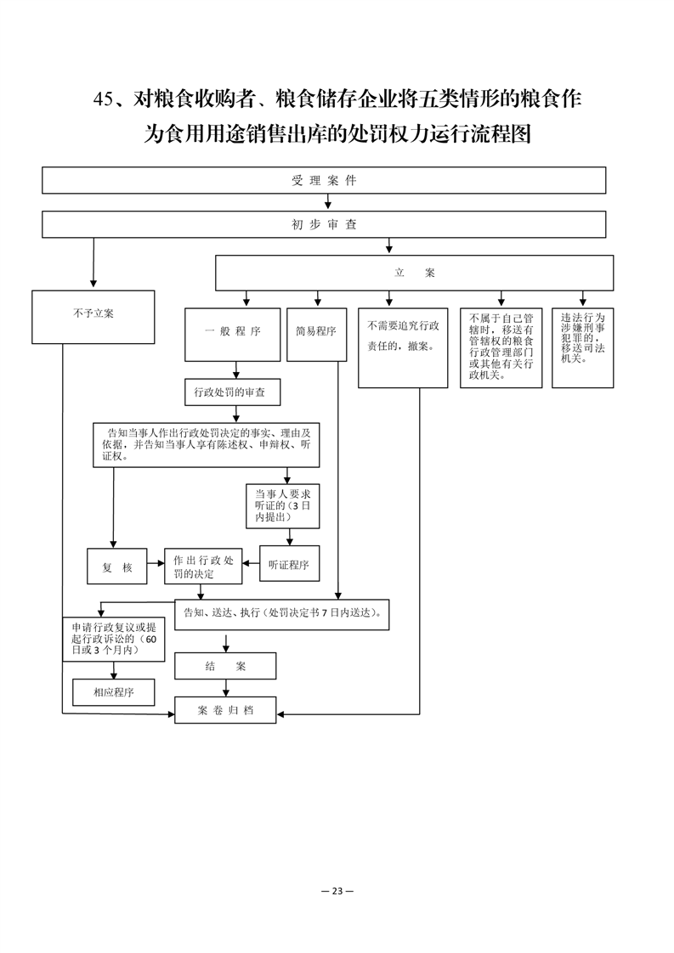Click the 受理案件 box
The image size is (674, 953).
click(x=324, y=181)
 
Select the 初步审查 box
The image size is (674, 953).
click(x=324, y=224)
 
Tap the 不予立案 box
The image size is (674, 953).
click(x=93, y=317)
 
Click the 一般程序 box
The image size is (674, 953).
click(x=232, y=335)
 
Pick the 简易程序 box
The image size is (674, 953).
click(x=316, y=335)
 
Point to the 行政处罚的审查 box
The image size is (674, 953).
click(x=233, y=392)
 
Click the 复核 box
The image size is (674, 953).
click(x=116, y=567)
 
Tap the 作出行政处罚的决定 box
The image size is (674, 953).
click(x=203, y=567)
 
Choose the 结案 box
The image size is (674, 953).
click(x=225, y=666)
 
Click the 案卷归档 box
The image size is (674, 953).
click(x=225, y=710)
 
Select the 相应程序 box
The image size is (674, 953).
click(x=114, y=692)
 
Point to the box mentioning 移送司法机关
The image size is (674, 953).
click(x=583, y=347)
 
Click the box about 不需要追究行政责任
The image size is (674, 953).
click(x=403, y=347)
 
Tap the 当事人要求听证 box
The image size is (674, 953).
click(x=283, y=505)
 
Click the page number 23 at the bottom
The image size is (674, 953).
click(x=337, y=891)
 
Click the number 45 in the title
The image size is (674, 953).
click(x=104, y=99)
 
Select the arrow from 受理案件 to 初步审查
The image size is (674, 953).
click(x=328, y=202)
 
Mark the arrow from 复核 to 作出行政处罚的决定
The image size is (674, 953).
click(x=156, y=563)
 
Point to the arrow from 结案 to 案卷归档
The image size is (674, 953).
click(x=226, y=688)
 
